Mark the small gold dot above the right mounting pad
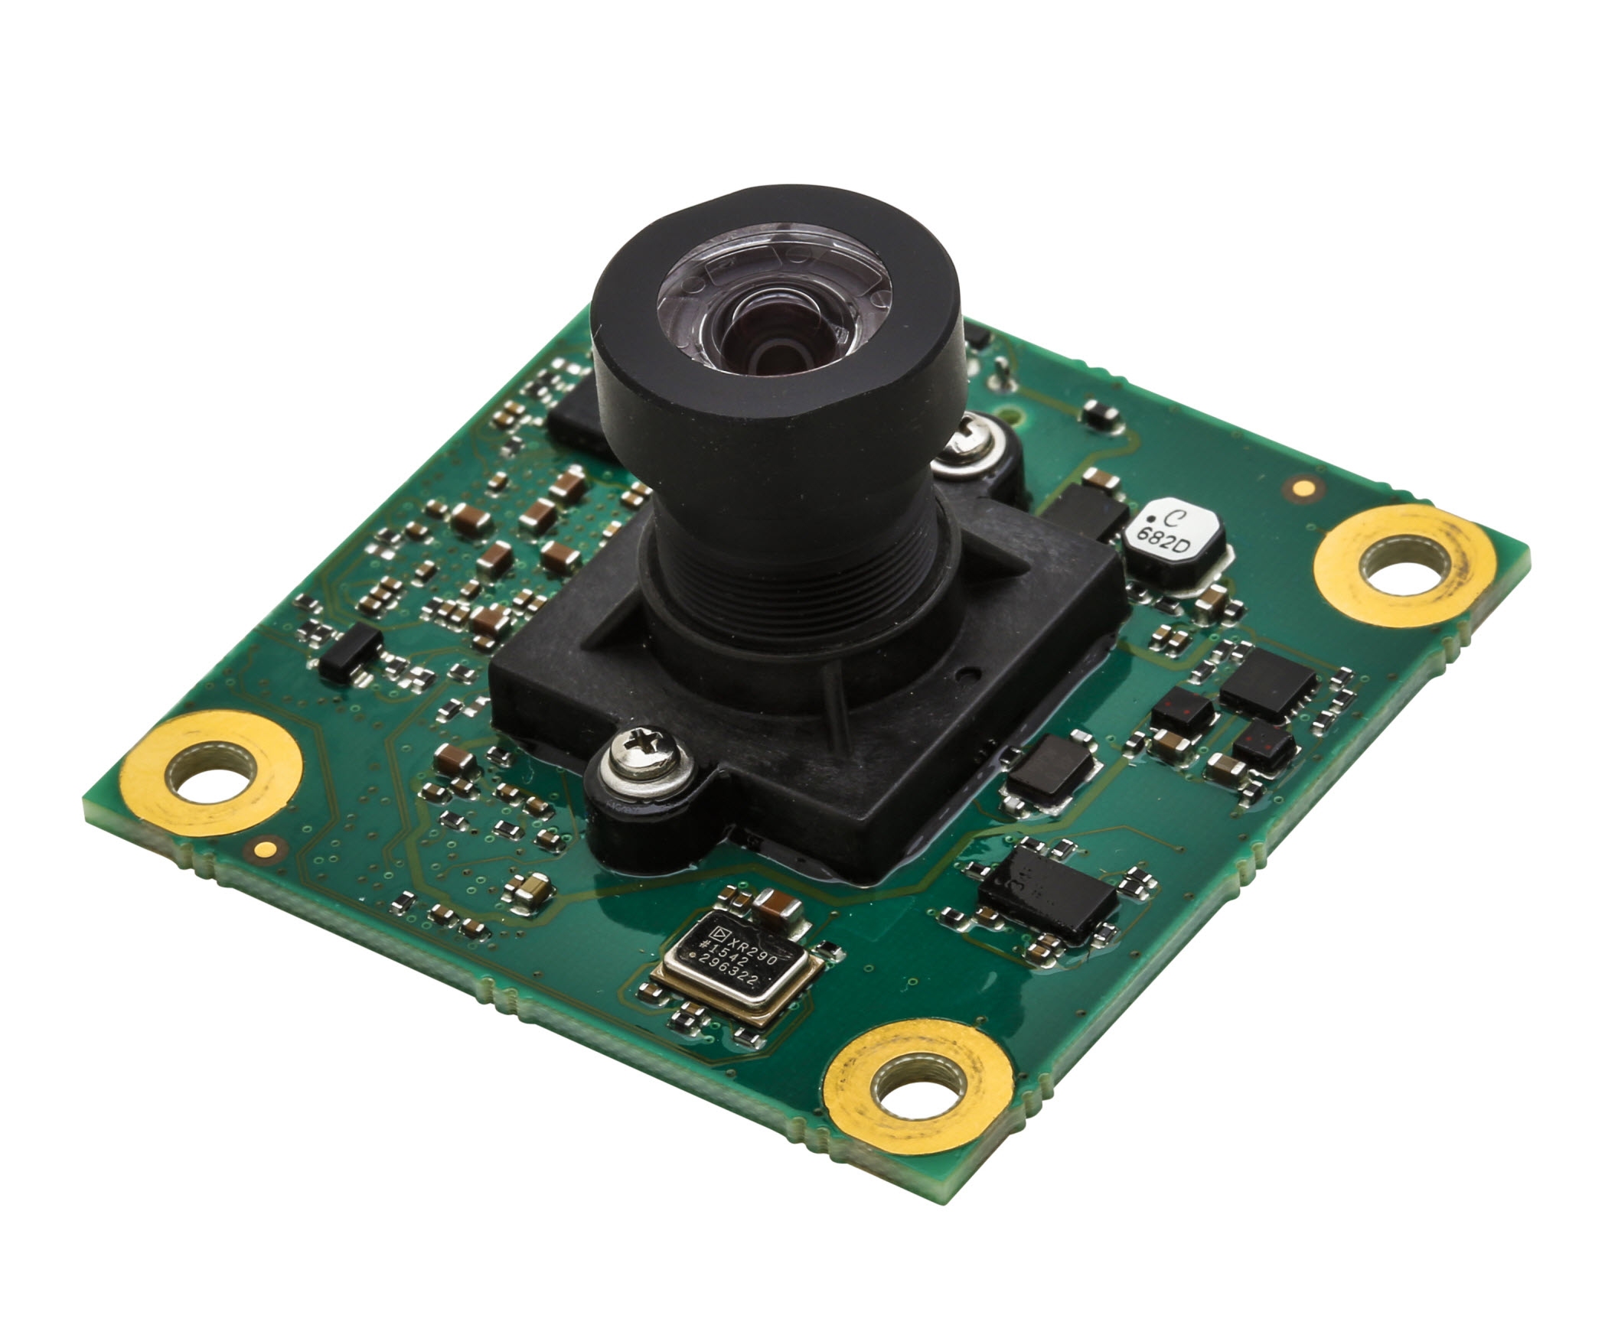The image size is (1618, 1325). [1301, 487]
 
